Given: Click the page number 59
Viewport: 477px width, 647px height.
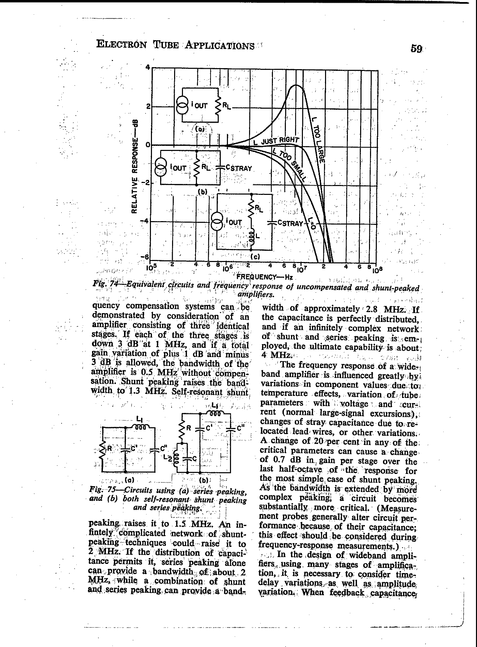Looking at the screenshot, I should [416, 49].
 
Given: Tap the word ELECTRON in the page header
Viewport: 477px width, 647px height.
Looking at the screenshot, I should [122, 45].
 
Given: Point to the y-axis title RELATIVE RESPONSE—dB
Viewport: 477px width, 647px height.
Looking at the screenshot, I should [135, 166].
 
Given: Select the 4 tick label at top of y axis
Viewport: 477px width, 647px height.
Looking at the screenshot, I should [148, 67].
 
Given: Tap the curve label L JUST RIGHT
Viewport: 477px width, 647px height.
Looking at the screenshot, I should [276, 140].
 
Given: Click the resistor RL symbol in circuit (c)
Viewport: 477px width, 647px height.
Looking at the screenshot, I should [252, 212].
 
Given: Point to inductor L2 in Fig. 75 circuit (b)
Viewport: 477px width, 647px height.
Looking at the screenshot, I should [176, 459].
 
